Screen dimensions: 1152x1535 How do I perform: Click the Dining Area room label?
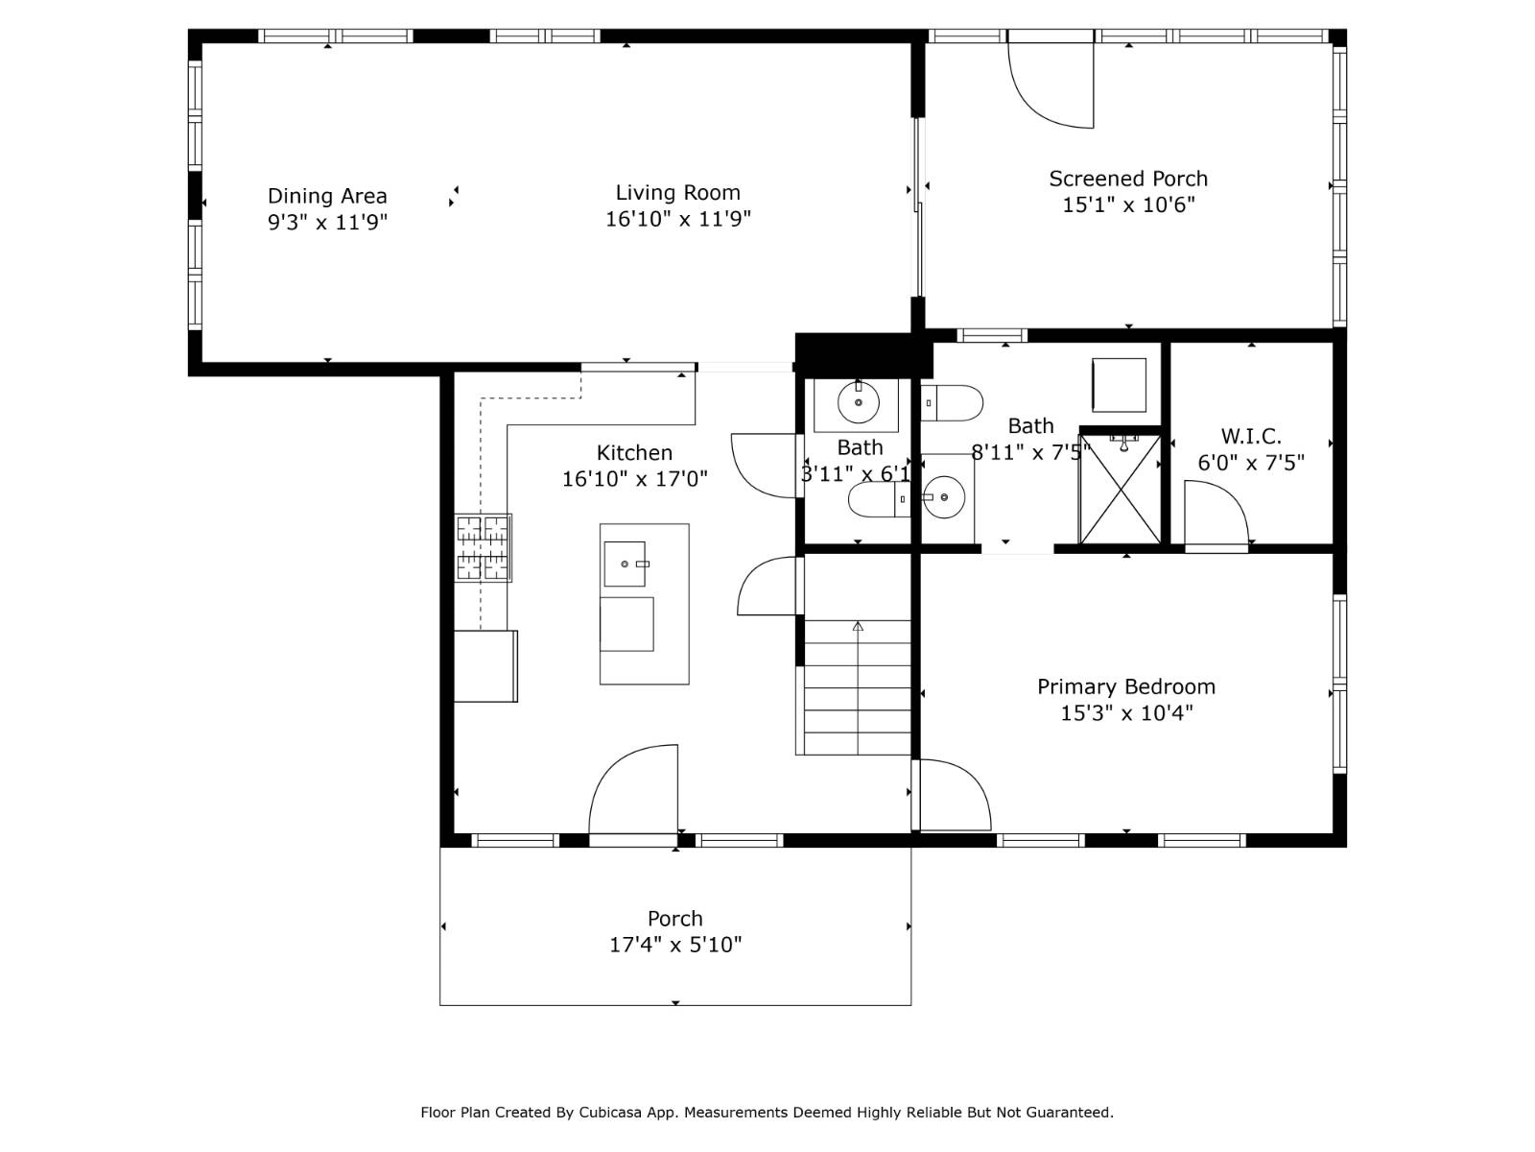[x=327, y=196]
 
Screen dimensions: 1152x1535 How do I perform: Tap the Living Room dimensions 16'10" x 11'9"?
[x=677, y=219]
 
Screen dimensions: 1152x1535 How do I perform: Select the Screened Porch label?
[x=1127, y=179]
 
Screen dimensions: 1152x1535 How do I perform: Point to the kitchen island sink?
[x=625, y=564]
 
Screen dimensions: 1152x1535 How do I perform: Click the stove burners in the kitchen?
[x=483, y=548]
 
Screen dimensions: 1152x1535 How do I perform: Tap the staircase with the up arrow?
[x=857, y=686]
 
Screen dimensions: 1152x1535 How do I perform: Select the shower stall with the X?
[x=1120, y=490]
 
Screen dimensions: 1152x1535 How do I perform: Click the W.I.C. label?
[x=1250, y=437]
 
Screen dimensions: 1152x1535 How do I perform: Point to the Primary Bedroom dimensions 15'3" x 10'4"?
[x=1125, y=713]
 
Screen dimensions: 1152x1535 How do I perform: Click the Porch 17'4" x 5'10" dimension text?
[x=675, y=945]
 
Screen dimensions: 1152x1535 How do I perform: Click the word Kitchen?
[x=634, y=453]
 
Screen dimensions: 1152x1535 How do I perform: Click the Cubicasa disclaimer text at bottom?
[x=767, y=1113]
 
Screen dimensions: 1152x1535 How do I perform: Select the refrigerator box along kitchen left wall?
[x=485, y=665]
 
